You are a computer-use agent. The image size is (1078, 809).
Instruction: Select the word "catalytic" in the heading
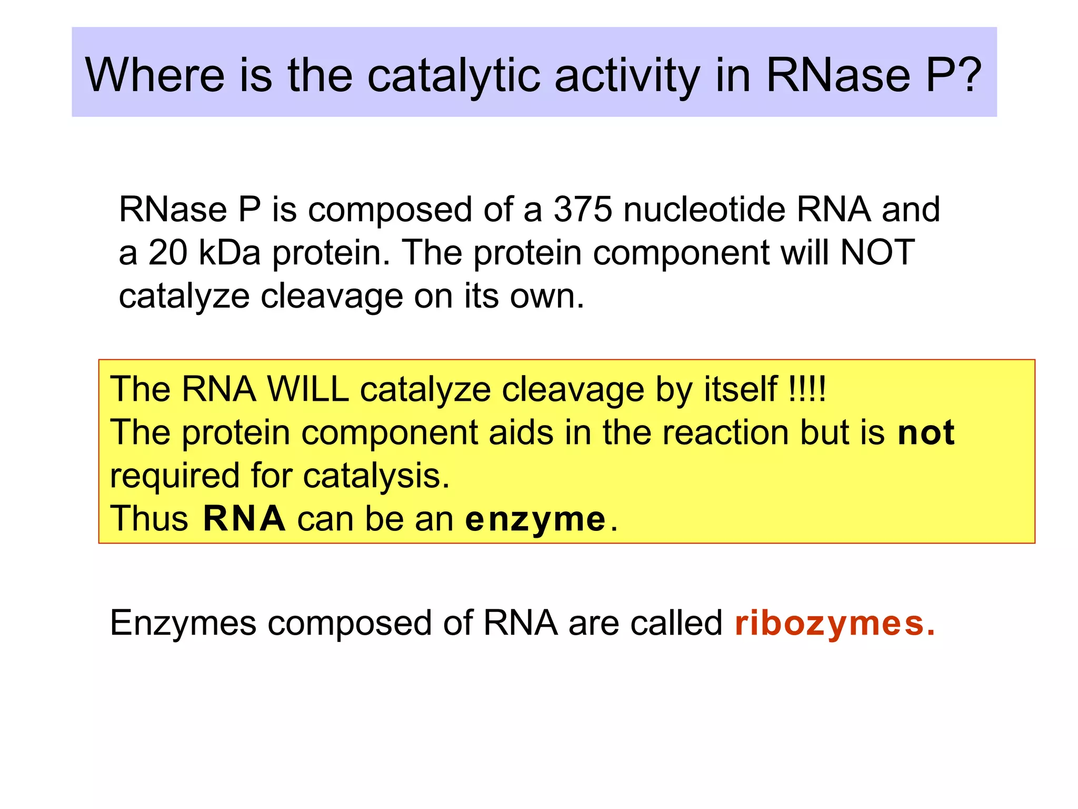454,76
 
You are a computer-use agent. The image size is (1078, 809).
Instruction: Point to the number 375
583,210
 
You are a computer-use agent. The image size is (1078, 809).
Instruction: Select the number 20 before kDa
168,252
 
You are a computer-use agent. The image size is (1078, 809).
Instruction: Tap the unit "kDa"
229,252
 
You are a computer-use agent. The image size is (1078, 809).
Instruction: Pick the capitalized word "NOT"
877,252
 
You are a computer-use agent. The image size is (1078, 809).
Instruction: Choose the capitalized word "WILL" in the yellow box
308,390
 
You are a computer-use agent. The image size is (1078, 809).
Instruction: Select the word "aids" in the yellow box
521,433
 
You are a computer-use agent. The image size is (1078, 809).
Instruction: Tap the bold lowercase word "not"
926,433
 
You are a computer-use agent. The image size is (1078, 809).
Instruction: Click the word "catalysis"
376,476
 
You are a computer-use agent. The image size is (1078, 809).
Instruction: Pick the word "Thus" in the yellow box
149,519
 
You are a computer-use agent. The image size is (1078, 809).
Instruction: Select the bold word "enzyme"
535,520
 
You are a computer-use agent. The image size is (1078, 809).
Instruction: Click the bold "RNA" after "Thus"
244,519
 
